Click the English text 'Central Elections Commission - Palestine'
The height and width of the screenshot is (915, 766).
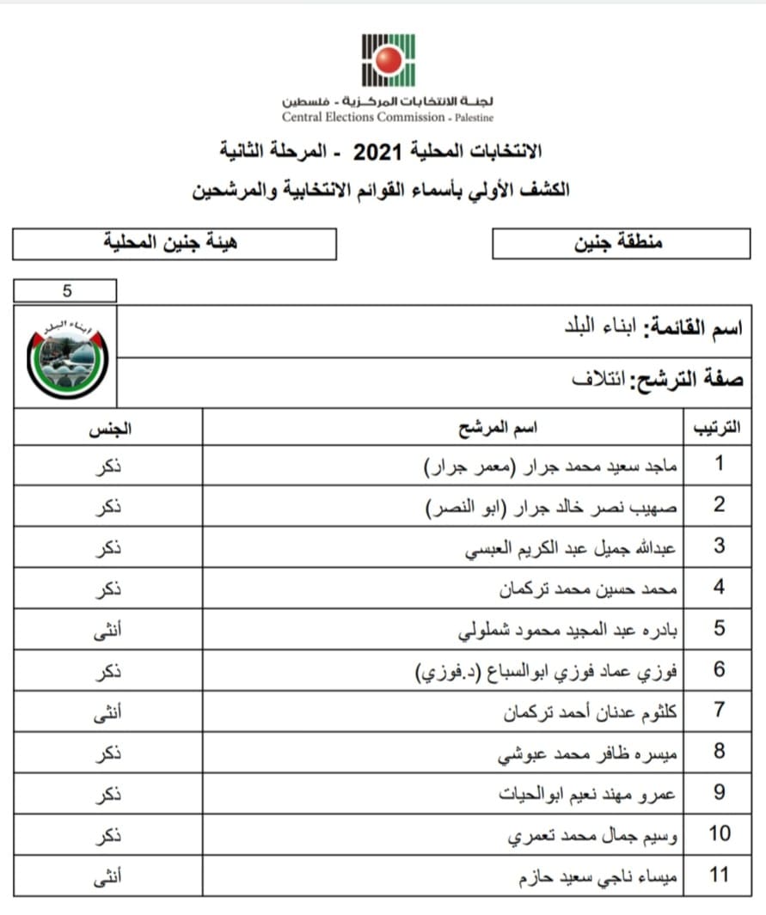pyautogui.click(x=388, y=117)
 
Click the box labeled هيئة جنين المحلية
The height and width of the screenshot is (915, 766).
pyautogui.click(x=175, y=244)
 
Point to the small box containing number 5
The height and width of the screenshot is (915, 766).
pyautogui.click(x=65, y=290)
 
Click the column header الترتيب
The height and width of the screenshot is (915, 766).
pyautogui.click(x=718, y=427)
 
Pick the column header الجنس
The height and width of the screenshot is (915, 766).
pyautogui.click(x=107, y=427)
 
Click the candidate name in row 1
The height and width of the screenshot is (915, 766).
pyautogui.click(x=552, y=466)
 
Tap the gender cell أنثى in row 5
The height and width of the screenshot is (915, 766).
pyautogui.click(x=107, y=630)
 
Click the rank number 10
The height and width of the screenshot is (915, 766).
pyautogui.click(x=719, y=833)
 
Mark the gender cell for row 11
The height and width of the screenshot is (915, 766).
pyautogui.click(x=107, y=875)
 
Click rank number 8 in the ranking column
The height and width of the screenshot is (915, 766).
pyautogui.click(x=719, y=752)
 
